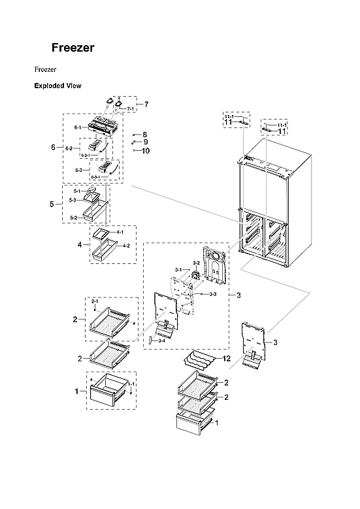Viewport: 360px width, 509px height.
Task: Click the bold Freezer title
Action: click(x=73, y=48)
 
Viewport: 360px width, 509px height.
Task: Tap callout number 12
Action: click(x=227, y=359)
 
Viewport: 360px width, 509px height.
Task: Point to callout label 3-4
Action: click(x=161, y=340)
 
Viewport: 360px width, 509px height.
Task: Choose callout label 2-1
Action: click(x=95, y=301)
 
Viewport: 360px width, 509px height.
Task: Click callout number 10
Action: click(x=145, y=150)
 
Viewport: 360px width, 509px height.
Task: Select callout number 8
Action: click(x=145, y=134)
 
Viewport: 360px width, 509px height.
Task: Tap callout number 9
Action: click(x=145, y=142)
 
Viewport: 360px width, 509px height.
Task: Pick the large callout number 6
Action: click(x=53, y=148)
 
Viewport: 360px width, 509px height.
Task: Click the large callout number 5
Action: click(x=52, y=205)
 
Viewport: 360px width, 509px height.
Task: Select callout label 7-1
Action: click(x=130, y=108)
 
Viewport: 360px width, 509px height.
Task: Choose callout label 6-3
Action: click(x=78, y=170)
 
